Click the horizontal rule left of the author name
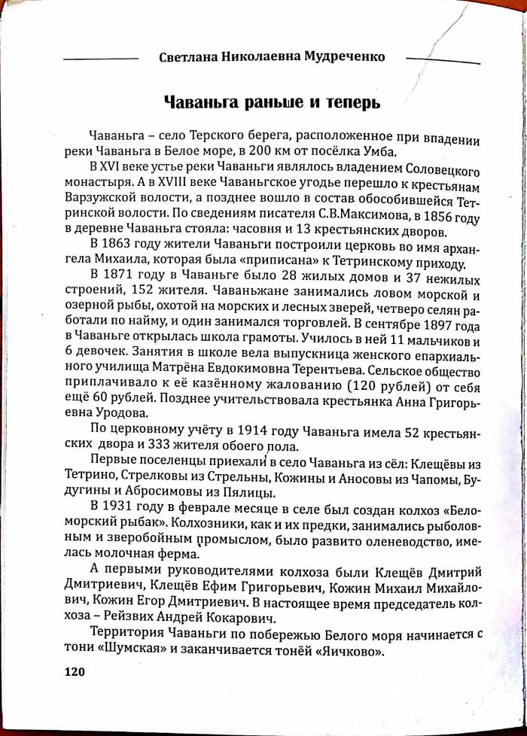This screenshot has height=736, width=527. tap(102, 59)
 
